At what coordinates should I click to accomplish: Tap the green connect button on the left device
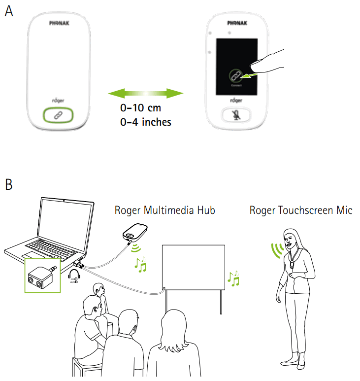click(57, 115)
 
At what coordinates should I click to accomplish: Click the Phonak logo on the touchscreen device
click(237, 23)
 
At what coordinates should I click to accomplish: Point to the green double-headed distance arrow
click(145, 93)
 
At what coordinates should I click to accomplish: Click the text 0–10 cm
click(142, 108)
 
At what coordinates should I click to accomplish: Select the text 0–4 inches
click(146, 122)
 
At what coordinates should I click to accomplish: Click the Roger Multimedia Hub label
click(164, 210)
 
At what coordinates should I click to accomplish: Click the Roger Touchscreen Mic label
click(301, 210)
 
